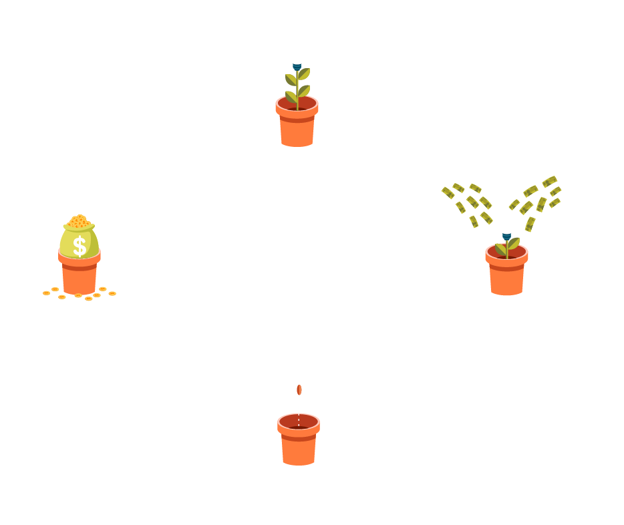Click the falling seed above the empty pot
pos(299,389)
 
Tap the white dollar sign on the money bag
pos(80,245)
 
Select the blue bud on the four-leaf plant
pos(297,67)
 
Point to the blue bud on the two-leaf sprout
pos(506,236)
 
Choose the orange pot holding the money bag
pos(80,273)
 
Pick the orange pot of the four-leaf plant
pos(297,127)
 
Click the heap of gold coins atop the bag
pos(79,221)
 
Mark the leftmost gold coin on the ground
pos(46,293)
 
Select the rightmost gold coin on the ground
pos(112,293)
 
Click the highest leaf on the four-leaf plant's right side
pos(304,73)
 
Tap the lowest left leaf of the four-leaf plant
pos(291,98)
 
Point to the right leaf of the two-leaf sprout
pos(513,243)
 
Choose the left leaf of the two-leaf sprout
pos(500,249)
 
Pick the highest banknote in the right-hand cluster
pos(549,181)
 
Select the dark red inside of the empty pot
pos(299,422)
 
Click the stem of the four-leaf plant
pos(297,90)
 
